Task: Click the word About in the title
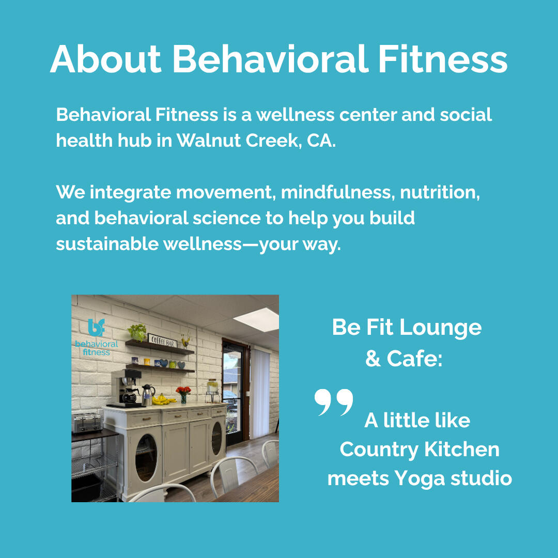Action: click(106, 59)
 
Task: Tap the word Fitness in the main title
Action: click(443, 59)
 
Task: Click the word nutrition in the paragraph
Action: click(440, 193)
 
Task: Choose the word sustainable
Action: click(107, 244)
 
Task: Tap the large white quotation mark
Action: click(334, 402)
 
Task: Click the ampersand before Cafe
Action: click(373, 358)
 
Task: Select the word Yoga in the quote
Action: click(420, 478)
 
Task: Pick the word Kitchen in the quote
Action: click(462, 449)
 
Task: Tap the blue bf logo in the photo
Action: click(97, 328)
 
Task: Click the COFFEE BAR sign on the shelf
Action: click(162, 341)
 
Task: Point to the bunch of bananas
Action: click(162, 399)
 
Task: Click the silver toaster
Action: click(86, 423)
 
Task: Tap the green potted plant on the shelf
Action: click(137, 332)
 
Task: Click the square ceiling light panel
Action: click(257, 320)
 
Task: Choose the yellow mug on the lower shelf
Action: click(146, 362)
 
